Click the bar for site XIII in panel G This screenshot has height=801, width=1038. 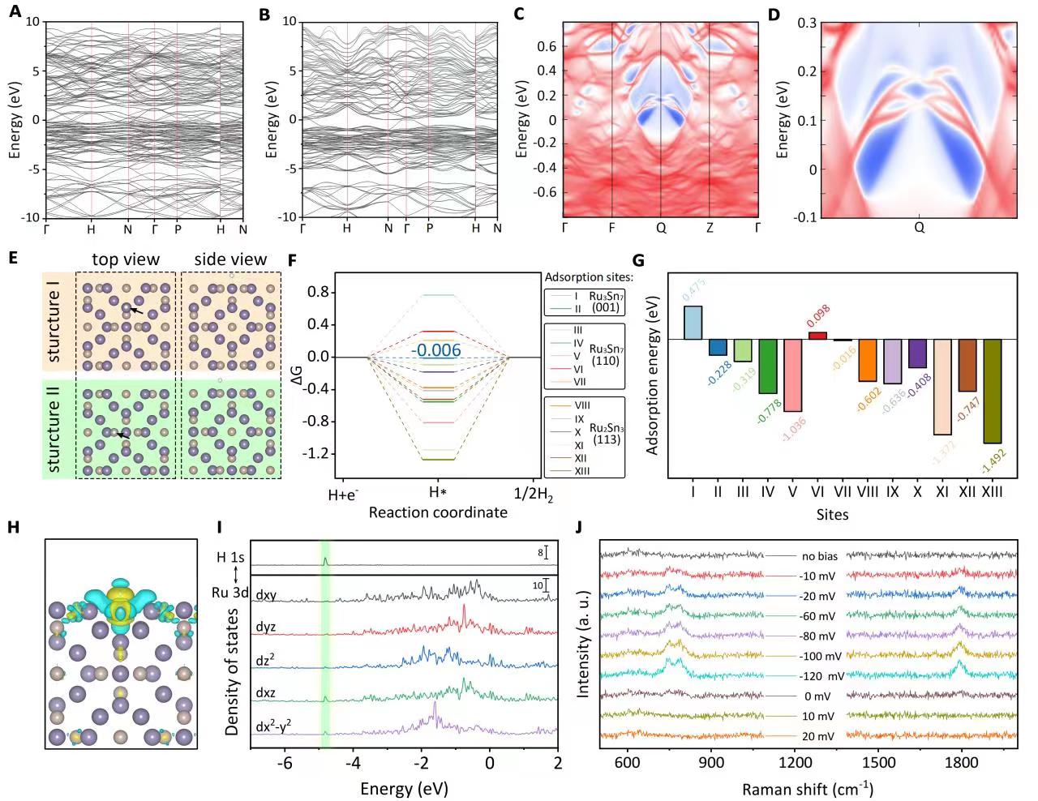tap(992, 391)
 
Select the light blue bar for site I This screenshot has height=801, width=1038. tap(693, 323)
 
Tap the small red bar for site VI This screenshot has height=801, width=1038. tap(817, 336)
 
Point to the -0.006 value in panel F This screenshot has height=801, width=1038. tap(435, 351)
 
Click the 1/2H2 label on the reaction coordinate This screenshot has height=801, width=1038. tap(534, 495)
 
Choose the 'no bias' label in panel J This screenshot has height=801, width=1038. tap(820, 557)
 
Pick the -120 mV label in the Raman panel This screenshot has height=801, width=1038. tap(821, 676)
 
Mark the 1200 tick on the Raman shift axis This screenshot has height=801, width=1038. tap(795, 763)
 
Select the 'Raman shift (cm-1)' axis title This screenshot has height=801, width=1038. tap(807, 789)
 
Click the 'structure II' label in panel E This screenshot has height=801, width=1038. tap(54, 429)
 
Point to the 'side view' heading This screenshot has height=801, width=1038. tap(230, 259)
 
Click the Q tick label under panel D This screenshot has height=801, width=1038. tap(919, 228)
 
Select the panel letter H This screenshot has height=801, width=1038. tap(13, 527)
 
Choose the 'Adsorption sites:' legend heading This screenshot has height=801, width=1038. tap(589, 277)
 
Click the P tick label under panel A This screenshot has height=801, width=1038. tap(178, 229)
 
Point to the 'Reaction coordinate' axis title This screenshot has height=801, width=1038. tap(438, 512)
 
